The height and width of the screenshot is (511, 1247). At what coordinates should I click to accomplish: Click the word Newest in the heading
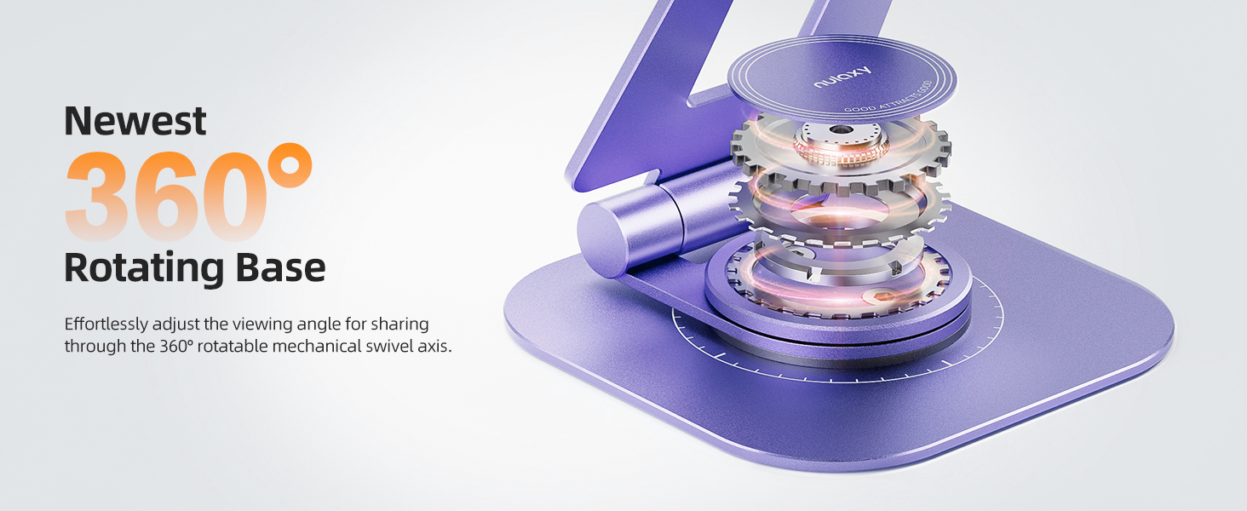135,120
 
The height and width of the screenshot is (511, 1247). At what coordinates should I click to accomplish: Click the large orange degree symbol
289,166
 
